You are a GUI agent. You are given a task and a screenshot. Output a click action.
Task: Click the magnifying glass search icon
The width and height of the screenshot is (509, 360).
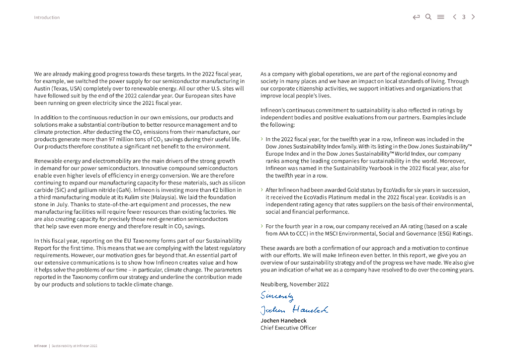pyautogui.click(x=428, y=17)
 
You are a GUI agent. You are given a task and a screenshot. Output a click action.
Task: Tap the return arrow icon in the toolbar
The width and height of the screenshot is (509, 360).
pyautogui.click(x=416, y=17)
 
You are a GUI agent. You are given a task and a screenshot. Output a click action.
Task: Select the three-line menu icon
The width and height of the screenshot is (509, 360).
pyautogui.click(x=440, y=17)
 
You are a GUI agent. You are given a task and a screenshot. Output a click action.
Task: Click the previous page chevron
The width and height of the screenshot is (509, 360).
pyautogui.click(x=454, y=17)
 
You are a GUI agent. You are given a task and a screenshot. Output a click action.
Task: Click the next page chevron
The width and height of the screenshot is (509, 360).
pyautogui.click(x=473, y=17)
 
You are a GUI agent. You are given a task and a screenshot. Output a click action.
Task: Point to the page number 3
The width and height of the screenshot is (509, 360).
pyautogui.click(x=464, y=17)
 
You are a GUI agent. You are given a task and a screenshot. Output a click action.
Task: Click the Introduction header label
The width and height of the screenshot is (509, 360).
pyautogui.click(x=47, y=17)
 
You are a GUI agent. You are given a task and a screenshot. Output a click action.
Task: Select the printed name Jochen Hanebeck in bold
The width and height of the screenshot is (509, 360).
pyautogui.click(x=283, y=321)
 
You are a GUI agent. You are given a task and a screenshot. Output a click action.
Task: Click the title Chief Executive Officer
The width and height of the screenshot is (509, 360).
pyautogui.click(x=288, y=328)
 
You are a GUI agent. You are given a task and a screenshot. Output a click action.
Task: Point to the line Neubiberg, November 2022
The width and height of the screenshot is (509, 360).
pyautogui.click(x=295, y=284)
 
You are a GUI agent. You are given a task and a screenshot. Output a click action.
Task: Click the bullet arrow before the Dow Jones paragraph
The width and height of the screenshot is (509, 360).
pyautogui.click(x=262, y=140)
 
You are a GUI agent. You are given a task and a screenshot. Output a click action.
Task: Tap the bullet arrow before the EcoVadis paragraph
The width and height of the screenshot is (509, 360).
pyautogui.click(x=262, y=190)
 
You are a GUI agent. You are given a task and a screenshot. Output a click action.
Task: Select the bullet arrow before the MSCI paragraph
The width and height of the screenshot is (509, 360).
pyautogui.click(x=262, y=226)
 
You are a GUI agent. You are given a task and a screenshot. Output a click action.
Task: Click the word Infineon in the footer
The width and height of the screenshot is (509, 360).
pyautogui.click(x=40, y=346)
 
